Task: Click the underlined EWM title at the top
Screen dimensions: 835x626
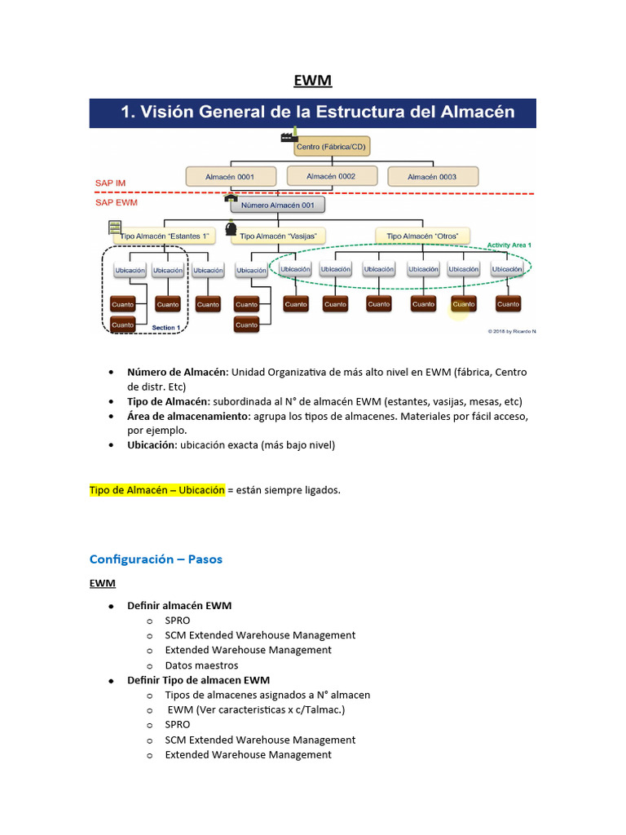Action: click(313, 81)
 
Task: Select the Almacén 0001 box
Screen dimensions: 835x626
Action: click(229, 176)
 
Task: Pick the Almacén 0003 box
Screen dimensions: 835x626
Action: click(431, 176)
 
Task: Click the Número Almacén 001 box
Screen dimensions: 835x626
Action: click(277, 205)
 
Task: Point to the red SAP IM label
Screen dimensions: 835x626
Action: click(110, 183)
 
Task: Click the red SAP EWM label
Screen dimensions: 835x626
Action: click(115, 201)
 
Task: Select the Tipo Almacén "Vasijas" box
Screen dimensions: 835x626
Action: click(278, 236)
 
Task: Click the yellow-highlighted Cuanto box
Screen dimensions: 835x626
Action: click(463, 304)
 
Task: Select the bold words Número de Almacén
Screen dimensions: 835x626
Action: click(177, 372)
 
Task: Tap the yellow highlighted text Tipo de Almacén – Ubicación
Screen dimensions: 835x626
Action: click(156, 490)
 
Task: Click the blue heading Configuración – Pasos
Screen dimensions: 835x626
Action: click(156, 559)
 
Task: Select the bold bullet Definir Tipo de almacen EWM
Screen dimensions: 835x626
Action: click(198, 680)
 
